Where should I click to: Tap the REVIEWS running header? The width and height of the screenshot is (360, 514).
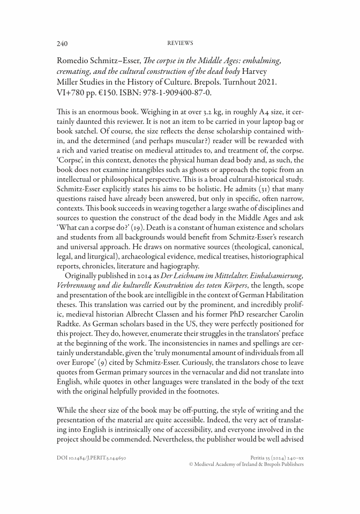[x=180, y=43]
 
